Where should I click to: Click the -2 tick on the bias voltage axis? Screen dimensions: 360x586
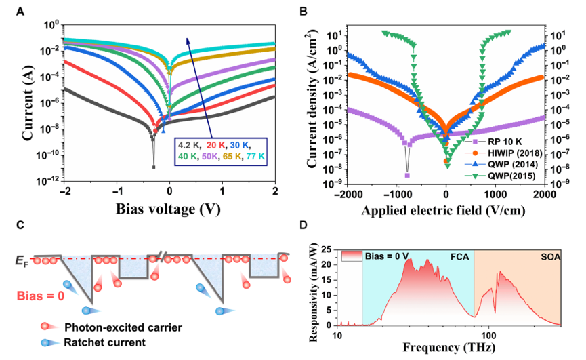[x=64, y=191]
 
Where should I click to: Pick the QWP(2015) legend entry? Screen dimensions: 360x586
[x=505, y=177]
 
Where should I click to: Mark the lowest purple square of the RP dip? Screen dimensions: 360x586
[x=407, y=175]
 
